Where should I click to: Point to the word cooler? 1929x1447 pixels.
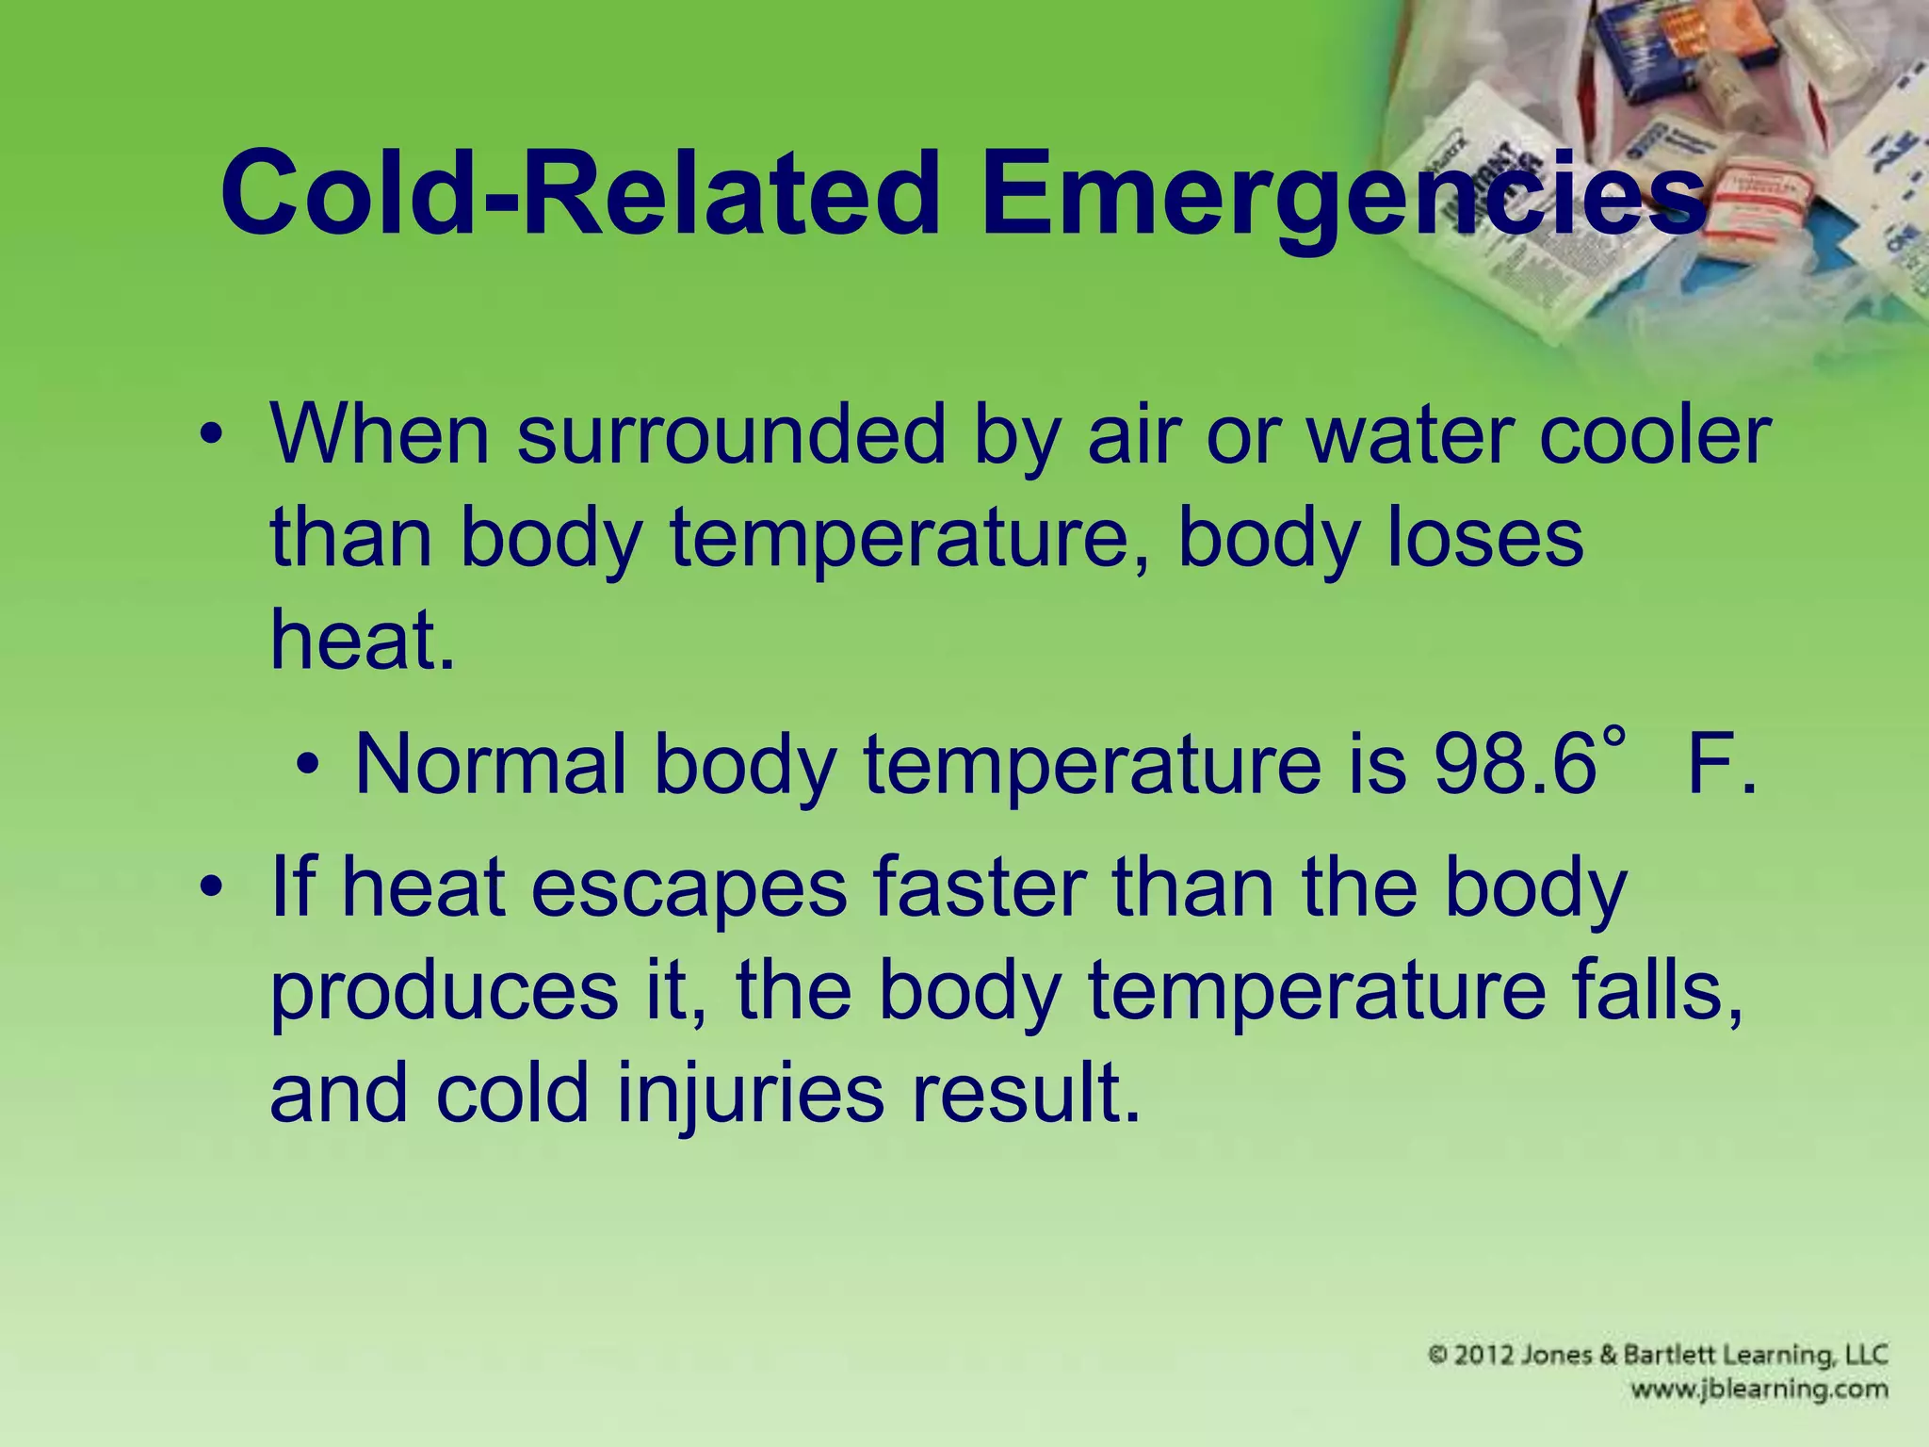pos(1655,435)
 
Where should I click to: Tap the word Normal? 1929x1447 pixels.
pos(491,764)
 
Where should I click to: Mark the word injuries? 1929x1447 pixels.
pos(751,1094)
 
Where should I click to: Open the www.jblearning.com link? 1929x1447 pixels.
pos(1759,1390)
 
